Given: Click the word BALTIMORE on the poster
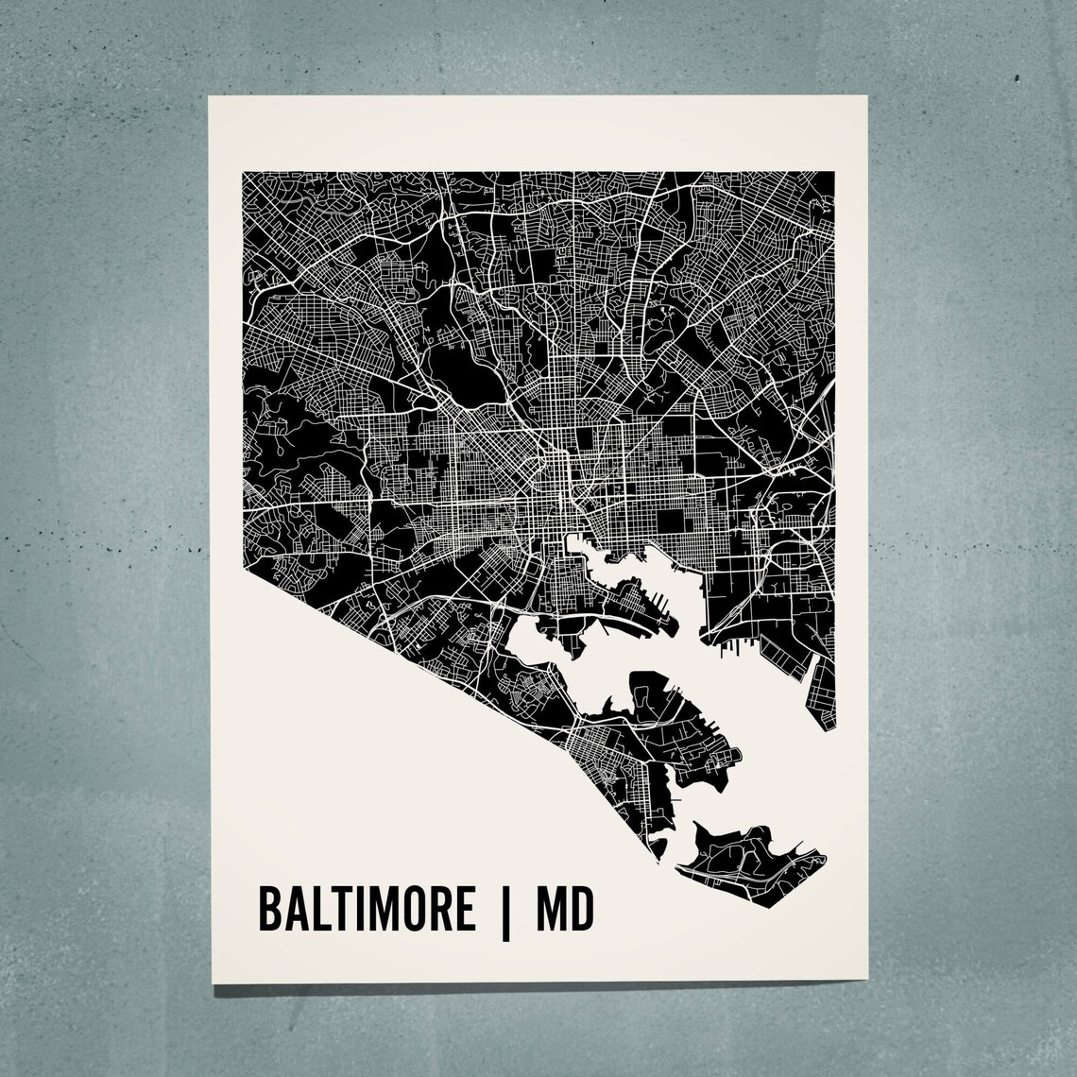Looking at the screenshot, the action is pyautogui.click(x=367, y=910).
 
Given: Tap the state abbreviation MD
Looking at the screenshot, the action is pyautogui.click(x=564, y=910).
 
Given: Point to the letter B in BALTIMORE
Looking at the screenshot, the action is pyautogui.click(x=269, y=910).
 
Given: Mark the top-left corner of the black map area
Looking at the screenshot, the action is pyautogui.click(x=245, y=172).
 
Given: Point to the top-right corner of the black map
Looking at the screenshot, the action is pyautogui.click(x=834, y=172).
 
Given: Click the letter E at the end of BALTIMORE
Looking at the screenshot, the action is pyautogui.click(x=463, y=910).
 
